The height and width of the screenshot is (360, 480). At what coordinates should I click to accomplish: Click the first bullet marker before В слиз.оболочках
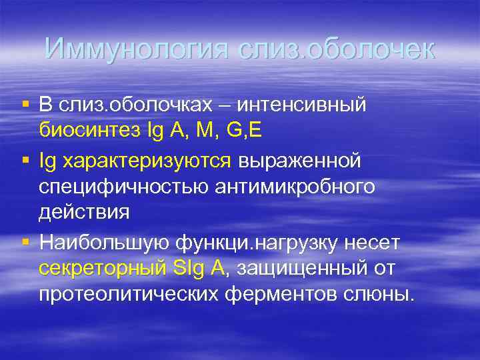click(x=25, y=103)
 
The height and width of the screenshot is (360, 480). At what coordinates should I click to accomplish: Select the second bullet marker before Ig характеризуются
click(x=25, y=161)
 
